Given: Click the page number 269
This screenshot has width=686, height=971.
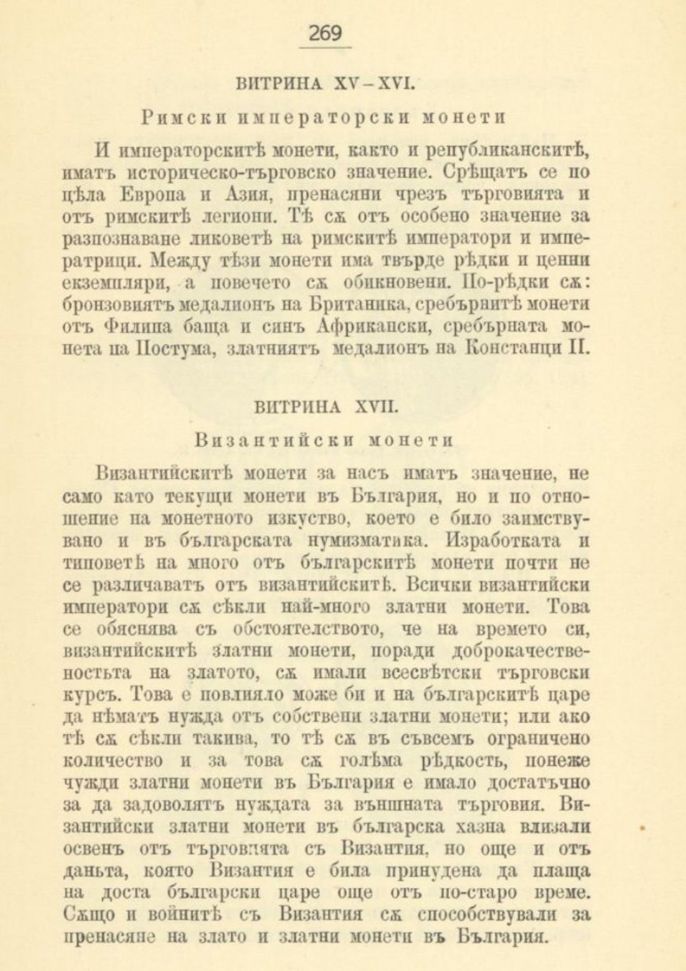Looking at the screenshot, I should click(325, 33).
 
